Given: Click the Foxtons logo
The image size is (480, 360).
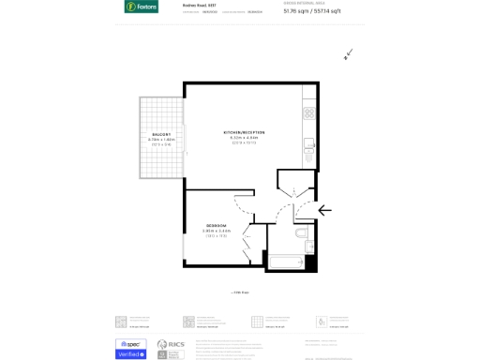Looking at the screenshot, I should [x=142, y=7].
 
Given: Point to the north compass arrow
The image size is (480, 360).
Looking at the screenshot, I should [x=348, y=54].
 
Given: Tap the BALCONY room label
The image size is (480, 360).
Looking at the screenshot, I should [x=162, y=134].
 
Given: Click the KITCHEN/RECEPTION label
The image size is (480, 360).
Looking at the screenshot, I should [x=244, y=132].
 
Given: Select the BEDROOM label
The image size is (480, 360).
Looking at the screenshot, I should [x=217, y=225].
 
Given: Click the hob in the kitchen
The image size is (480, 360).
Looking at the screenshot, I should [x=308, y=112].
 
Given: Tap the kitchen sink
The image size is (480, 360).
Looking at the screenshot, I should [x=308, y=145].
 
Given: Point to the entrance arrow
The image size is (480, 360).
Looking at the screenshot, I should [x=324, y=210].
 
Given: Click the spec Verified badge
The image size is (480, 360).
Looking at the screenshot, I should [x=130, y=349].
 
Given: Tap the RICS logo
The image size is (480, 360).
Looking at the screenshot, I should [x=170, y=349].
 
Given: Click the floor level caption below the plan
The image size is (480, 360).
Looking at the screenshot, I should [x=240, y=292].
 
